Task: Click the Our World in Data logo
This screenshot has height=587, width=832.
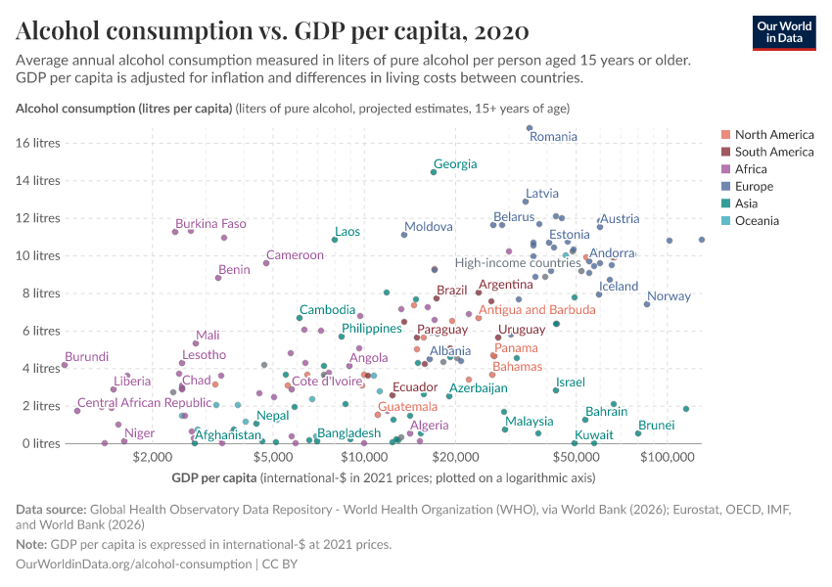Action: point(783,31)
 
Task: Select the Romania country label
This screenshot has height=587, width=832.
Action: point(553,137)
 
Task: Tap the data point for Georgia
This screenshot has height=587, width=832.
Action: point(434,172)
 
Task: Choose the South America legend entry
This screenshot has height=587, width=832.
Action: point(773,152)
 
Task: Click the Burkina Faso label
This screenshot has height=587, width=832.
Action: point(210,224)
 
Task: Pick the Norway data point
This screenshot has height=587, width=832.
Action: point(647,304)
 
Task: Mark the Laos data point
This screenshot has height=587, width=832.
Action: point(335,240)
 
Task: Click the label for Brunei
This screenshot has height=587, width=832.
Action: point(656,426)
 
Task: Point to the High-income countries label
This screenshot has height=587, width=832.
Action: point(518,263)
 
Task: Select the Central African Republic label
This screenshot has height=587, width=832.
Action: point(144,403)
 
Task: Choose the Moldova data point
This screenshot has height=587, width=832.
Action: point(404,235)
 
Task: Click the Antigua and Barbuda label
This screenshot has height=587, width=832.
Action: point(536,310)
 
